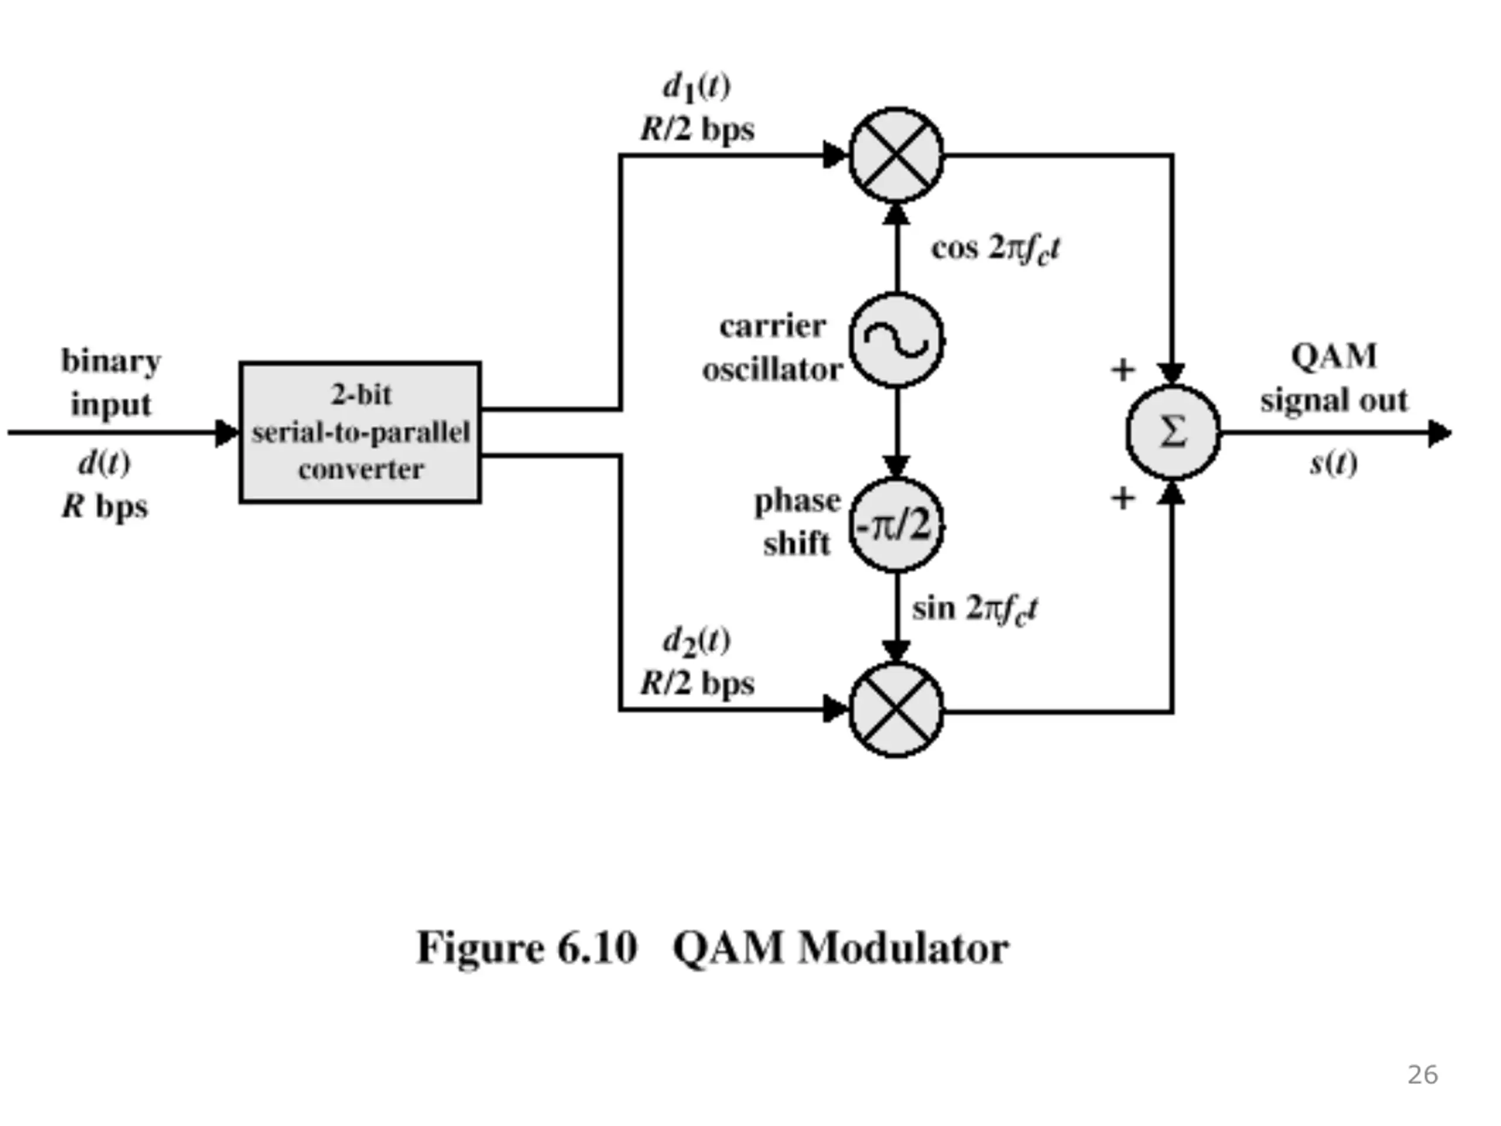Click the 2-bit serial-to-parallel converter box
361,432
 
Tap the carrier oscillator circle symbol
896,340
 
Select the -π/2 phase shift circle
896,525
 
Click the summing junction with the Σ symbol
1173,432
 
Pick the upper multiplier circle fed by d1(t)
896,155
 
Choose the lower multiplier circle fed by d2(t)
896,710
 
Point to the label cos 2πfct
995,249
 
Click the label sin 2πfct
974,609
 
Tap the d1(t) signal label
696,87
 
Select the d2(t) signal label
696,642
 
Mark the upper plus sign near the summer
1122,370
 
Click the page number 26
1422,1075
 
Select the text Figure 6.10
527,948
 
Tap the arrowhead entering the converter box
227,433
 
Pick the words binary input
111,382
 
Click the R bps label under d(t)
105,506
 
